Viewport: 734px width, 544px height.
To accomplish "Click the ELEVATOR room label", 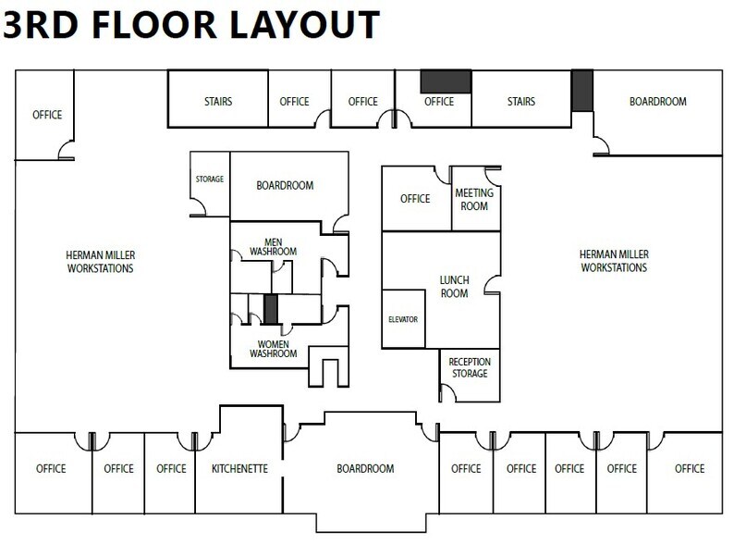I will click(403, 319).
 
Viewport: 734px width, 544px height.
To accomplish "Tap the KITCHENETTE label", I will click(239, 468).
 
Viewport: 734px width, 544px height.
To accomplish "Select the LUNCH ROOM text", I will click(453, 286).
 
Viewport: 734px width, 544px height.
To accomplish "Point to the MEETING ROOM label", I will click(473, 200).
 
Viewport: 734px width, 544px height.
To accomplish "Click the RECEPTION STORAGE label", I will click(470, 367).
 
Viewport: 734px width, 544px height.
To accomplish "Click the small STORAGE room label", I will click(209, 179).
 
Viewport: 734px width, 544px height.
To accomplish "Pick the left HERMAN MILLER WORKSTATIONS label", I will click(101, 262).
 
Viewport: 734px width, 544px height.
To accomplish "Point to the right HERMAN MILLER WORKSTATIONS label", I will click(613, 262).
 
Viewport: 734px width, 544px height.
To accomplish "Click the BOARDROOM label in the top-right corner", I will click(657, 102).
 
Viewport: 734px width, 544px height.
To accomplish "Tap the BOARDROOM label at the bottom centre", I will click(366, 468).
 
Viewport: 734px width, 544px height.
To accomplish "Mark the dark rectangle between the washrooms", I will click(271, 309).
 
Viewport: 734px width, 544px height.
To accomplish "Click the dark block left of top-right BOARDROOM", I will click(581, 91).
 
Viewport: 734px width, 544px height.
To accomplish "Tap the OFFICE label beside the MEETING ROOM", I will click(415, 199).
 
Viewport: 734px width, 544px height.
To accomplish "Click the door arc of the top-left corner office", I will click(67, 149).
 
